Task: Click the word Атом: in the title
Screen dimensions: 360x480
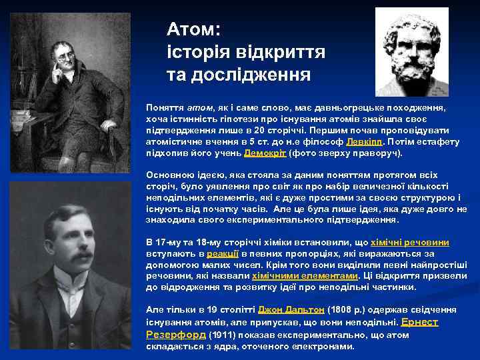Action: click(197, 29)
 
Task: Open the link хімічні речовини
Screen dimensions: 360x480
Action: click(414, 243)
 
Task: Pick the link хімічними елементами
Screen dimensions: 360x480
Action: click(304, 275)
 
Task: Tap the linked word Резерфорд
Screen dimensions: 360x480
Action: click(175, 334)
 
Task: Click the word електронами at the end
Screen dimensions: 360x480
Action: click(323, 347)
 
